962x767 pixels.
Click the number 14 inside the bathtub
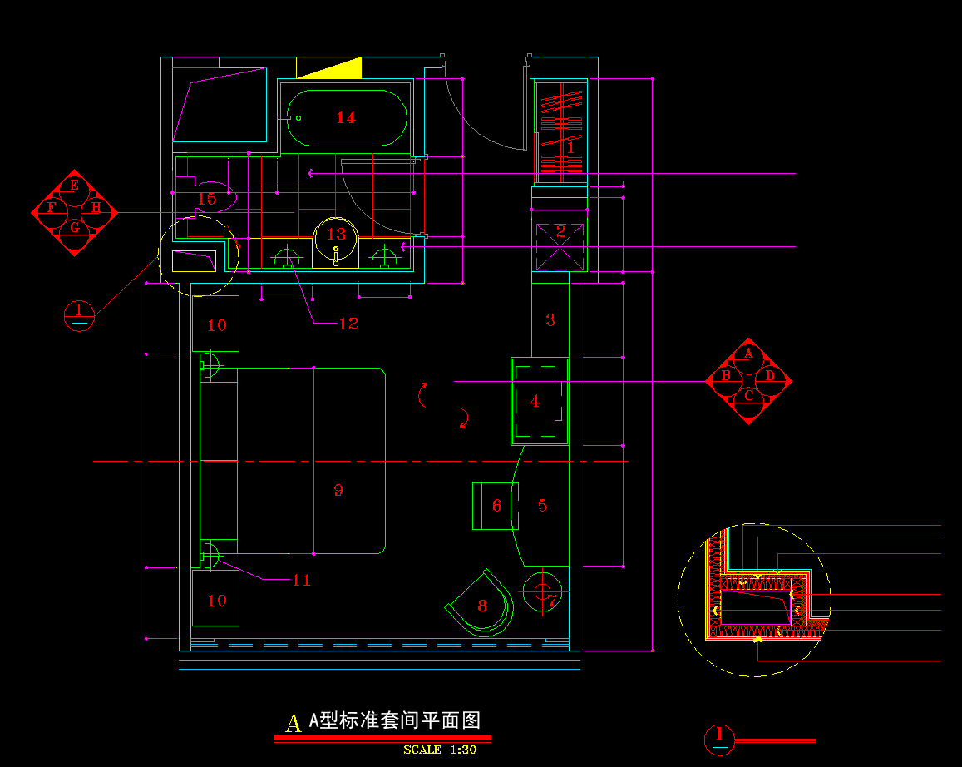tap(346, 118)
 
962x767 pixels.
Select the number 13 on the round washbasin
tap(336, 235)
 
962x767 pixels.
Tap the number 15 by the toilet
tap(206, 199)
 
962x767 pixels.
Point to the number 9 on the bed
tap(338, 490)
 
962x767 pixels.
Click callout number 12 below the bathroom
tap(348, 324)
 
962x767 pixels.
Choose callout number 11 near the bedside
tap(301, 580)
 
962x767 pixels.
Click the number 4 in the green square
tap(535, 402)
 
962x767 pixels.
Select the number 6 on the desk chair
tap(496, 506)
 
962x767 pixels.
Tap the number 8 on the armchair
tap(482, 606)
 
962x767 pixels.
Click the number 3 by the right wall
tap(550, 319)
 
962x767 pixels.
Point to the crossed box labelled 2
tap(560, 232)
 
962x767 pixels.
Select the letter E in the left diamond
tap(74, 185)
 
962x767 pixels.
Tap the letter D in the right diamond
tap(770, 376)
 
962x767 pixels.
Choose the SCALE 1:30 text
tap(440, 750)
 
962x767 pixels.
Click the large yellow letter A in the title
tap(293, 723)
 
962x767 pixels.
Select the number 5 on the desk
tap(542, 506)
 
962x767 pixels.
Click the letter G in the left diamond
tap(74, 227)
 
